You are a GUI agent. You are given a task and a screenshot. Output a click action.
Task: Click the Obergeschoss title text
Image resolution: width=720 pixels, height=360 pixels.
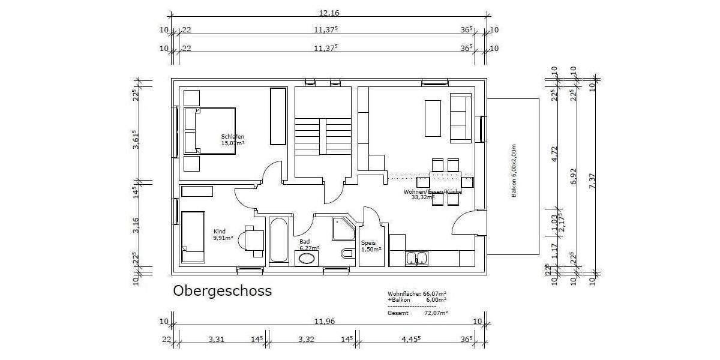point(222,291)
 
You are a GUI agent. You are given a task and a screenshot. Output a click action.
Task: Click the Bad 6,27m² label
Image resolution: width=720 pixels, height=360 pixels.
point(309,244)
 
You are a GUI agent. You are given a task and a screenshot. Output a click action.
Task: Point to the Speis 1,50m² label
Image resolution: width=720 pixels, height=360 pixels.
point(370,246)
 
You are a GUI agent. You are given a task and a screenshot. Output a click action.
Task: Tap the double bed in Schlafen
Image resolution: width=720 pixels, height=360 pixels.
point(209,131)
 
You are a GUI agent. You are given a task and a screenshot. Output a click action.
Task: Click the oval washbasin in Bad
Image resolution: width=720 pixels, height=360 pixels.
point(307,259)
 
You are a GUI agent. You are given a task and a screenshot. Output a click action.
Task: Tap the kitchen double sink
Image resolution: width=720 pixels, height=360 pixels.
point(417,259)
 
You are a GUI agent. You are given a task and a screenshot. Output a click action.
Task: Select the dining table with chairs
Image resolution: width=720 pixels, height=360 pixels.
point(445,181)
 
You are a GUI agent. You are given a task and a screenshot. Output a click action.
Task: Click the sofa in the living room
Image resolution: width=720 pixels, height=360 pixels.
point(461,118)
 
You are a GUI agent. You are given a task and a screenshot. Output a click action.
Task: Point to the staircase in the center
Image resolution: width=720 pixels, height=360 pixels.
point(322,132)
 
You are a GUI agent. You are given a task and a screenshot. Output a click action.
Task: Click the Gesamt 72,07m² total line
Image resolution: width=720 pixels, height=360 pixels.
point(418,313)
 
